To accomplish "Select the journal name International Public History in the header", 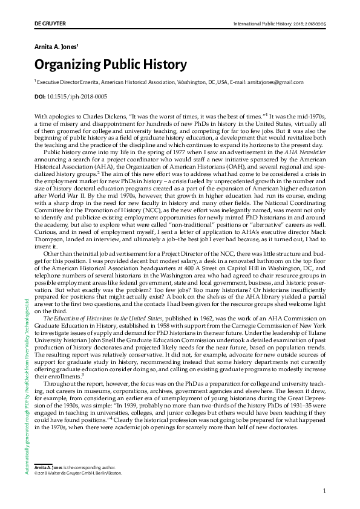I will click(261, 24).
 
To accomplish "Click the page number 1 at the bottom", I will click(325, 491).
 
